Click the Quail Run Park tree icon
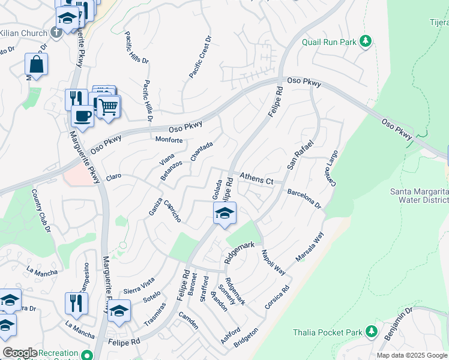pos(365,41)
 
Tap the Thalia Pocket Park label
pos(328,332)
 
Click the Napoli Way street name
pos(272,262)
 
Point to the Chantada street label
pos(202,151)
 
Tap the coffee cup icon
pos(82,115)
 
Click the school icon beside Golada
pos(224,213)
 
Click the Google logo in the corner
pos(20,353)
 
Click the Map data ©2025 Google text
pos(411,355)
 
